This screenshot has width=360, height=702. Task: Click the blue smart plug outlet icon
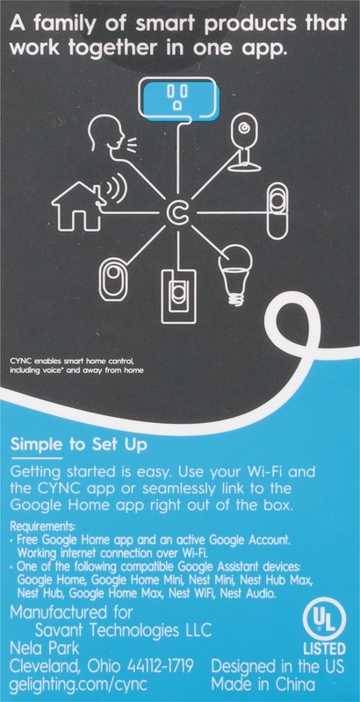[x=179, y=98]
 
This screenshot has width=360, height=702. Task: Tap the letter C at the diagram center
[x=178, y=213]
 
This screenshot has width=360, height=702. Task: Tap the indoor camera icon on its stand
[x=245, y=143]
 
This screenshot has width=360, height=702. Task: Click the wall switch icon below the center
[x=178, y=295]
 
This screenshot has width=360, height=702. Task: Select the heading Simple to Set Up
[x=78, y=446]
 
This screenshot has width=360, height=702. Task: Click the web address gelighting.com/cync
[x=79, y=685]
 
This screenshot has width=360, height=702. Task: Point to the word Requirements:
[x=42, y=525]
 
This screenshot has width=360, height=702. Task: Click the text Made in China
[x=263, y=684]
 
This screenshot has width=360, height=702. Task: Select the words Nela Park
[x=44, y=648]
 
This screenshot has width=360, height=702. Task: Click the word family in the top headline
[x=72, y=24]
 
